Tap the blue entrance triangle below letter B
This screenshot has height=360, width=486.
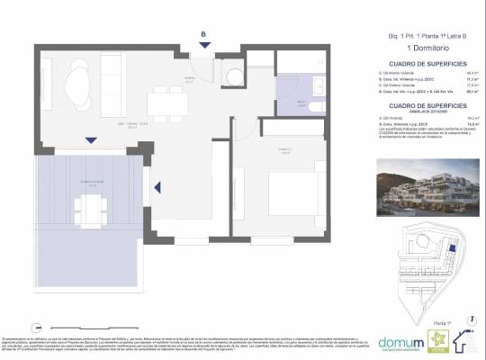tap(203, 46)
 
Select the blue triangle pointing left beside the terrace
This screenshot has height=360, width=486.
tap(157, 188)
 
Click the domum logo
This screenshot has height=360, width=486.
tap(400, 341)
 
